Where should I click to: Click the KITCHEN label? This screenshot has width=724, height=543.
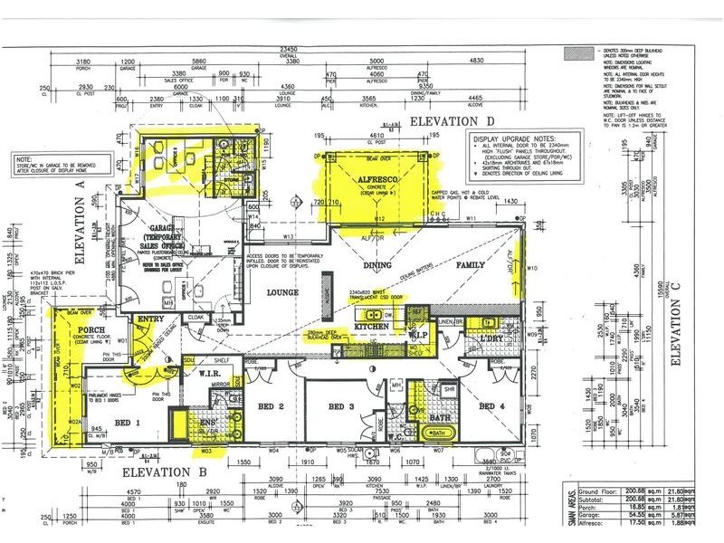pyautogui.click(x=372, y=325)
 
